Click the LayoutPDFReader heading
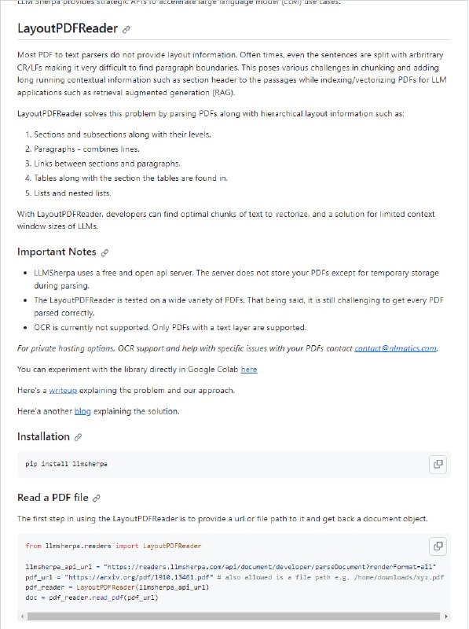pos(68,29)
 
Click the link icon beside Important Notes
pos(104,252)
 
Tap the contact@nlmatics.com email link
pos(395,348)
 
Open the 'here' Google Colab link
pos(248,369)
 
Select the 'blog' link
pos(82,410)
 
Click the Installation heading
pos(43,436)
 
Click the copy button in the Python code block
pos(438,546)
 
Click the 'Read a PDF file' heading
pos(53,498)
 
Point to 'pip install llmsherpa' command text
pos(67,464)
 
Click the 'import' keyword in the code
pos(126,546)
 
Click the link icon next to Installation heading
pos(78,437)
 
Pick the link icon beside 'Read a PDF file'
pos(97,498)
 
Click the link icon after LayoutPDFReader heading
pos(126,30)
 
